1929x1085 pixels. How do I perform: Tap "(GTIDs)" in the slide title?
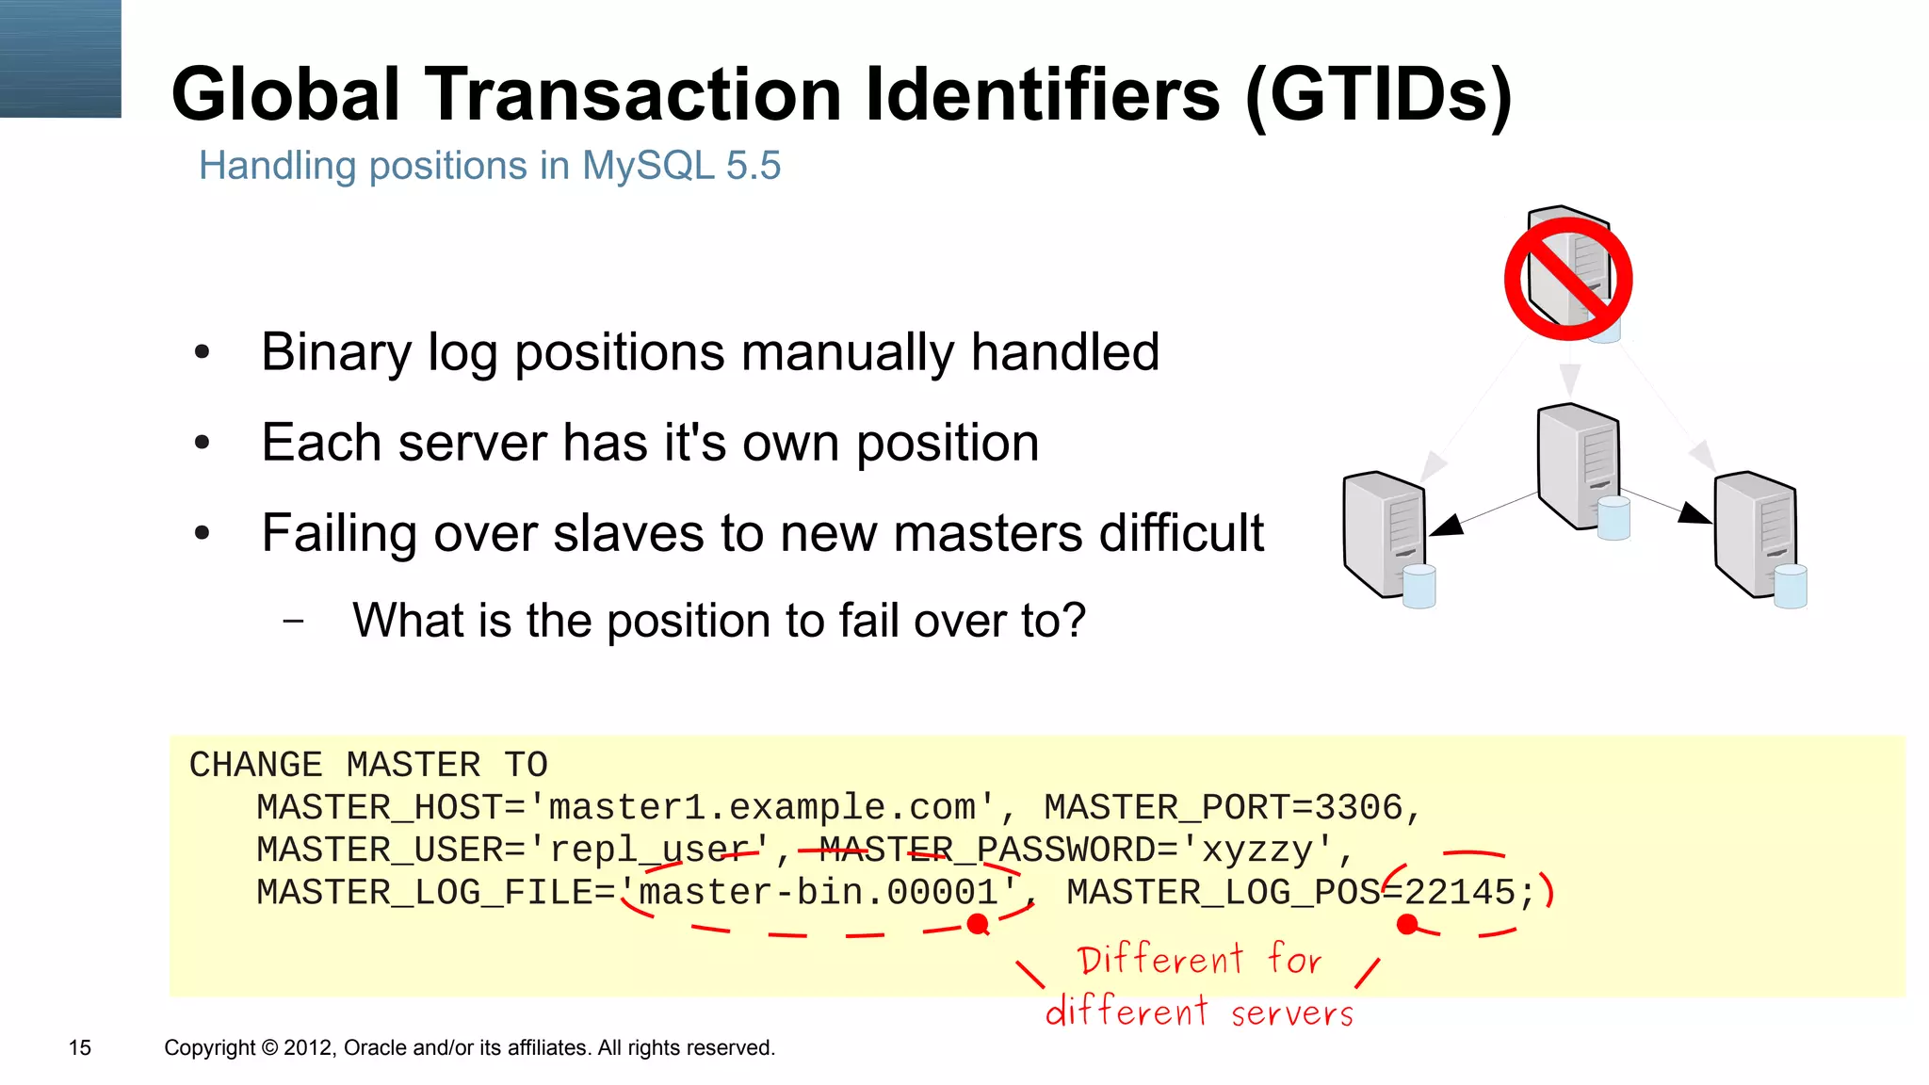tap(1378, 94)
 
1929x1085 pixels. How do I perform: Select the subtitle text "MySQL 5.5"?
tap(681, 166)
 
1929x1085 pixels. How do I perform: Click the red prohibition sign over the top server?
tap(1568, 279)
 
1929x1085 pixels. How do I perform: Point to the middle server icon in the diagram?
tap(1580, 466)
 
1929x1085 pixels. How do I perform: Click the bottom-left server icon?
tap(1385, 534)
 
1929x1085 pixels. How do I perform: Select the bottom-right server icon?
tap(1756, 534)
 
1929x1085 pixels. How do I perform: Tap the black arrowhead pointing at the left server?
tap(1448, 526)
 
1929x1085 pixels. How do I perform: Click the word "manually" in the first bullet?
tap(846, 352)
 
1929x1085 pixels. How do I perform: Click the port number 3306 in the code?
tap(1358, 808)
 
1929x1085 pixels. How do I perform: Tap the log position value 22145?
tap(1460, 893)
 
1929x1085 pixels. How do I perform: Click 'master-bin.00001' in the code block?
tap(818, 893)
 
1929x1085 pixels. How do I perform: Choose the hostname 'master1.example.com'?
tap(762, 808)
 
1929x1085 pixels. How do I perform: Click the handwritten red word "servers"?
tap(1291, 1013)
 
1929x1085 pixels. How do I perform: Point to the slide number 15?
tap(80, 1048)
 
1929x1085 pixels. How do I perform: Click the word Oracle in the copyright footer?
tap(376, 1048)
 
